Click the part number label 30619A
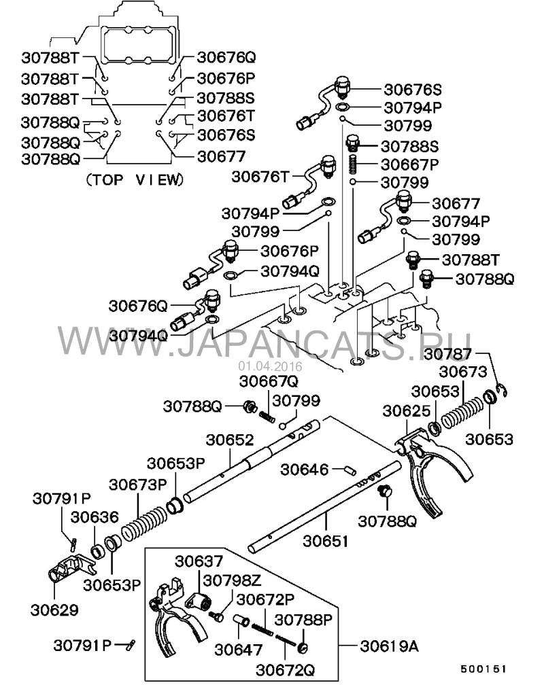coord(389,646)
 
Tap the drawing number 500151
coord(483,669)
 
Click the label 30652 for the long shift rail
coord(230,440)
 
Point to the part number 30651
coord(326,541)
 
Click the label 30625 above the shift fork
coord(406,411)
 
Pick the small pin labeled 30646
coord(350,470)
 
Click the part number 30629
coord(54,610)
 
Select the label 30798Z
coord(232,580)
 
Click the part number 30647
coord(238,650)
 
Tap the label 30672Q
coord(285,670)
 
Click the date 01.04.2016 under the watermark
coord(270,366)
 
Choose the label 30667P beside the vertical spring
coord(410,164)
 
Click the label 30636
coord(95,517)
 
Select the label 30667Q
coord(269,381)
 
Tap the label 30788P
coord(303,620)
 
